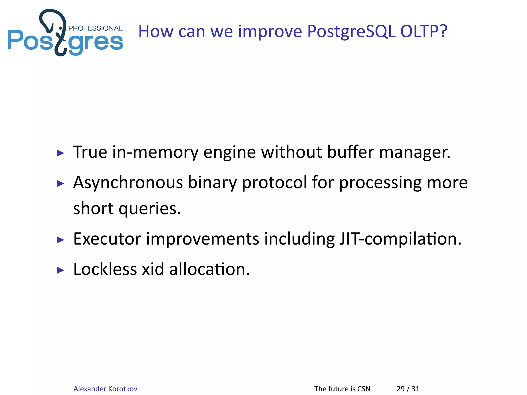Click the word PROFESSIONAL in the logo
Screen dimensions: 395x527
pos(95,28)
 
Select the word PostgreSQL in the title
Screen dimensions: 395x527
pos(351,31)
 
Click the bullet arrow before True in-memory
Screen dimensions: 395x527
pos(60,153)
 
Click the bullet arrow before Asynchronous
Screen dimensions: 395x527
pos(60,184)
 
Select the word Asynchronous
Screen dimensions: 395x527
pos(128,183)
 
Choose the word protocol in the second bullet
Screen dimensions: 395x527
pos(275,183)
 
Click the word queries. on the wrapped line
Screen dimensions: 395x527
pos(150,209)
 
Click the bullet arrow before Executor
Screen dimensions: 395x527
pos(60,240)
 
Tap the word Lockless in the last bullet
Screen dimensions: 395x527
pos(105,269)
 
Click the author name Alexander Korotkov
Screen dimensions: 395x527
pos(105,389)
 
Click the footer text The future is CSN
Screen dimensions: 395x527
pos(342,389)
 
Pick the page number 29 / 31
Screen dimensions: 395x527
pos(408,389)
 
